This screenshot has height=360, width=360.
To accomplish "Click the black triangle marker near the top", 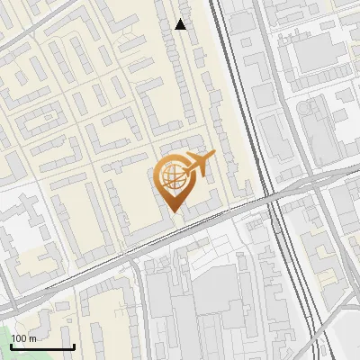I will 181,24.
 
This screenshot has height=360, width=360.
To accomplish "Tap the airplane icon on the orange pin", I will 196,165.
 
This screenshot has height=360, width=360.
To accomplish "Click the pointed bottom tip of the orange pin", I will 173,211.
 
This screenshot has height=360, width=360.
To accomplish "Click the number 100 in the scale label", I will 19,338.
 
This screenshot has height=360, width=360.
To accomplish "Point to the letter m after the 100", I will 32,338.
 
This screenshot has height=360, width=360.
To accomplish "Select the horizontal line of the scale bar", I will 42,347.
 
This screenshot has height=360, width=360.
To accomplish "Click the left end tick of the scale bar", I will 12,346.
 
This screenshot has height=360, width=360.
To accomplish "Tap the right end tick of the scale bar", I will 74,346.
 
